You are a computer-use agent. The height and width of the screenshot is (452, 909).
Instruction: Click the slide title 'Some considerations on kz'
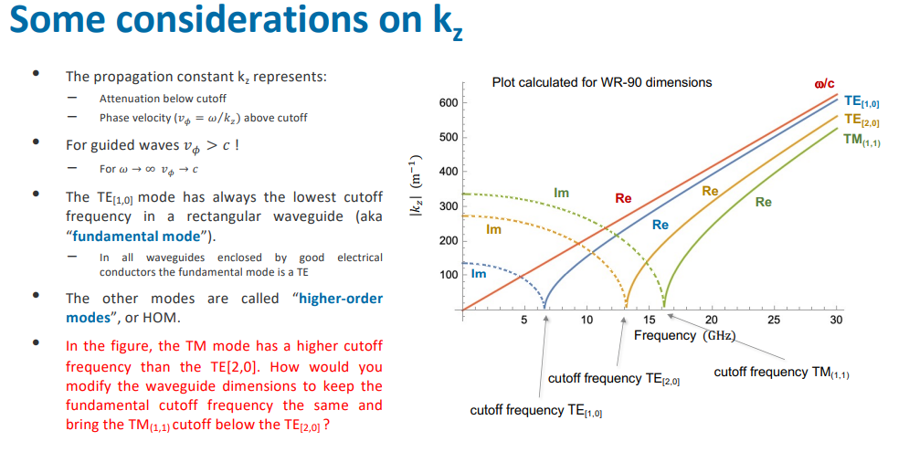236,26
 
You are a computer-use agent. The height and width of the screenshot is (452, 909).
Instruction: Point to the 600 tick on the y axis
448,102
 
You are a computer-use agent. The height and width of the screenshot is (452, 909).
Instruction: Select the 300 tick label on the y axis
448,206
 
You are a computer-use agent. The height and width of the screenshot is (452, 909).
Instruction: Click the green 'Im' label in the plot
561,193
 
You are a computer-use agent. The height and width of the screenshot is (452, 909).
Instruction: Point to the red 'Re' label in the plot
623,197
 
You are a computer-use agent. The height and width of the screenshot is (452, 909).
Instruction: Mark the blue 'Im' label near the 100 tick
479,273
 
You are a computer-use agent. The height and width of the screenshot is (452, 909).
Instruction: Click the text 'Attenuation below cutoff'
163,99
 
